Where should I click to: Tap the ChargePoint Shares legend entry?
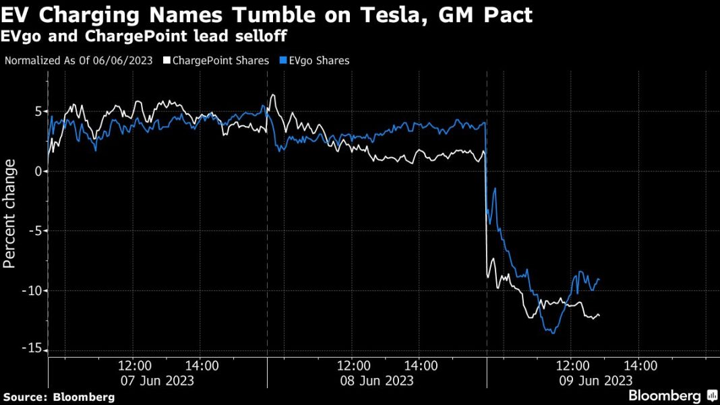pos(215,61)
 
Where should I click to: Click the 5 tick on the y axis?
pos(38,111)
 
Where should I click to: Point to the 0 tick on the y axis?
pos(38,171)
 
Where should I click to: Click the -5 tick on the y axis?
pos(35,231)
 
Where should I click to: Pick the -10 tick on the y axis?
pos(32,290)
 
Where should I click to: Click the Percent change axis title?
pos(10,214)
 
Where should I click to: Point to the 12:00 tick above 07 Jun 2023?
pos(134,366)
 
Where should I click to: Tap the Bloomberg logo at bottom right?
pos(672,396)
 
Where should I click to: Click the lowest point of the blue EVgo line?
pos(553,333)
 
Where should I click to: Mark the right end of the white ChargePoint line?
pos(599,315)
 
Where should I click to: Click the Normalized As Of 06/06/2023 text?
pos(79,61)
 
